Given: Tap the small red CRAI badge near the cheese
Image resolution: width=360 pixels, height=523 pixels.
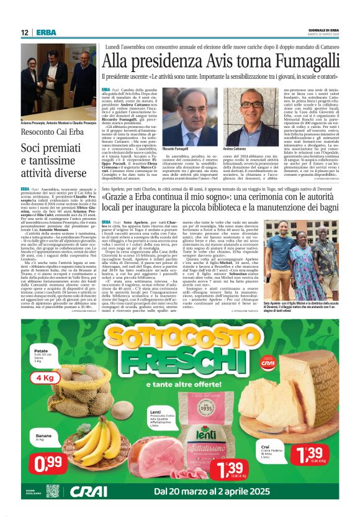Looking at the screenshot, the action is pos(284,365).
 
